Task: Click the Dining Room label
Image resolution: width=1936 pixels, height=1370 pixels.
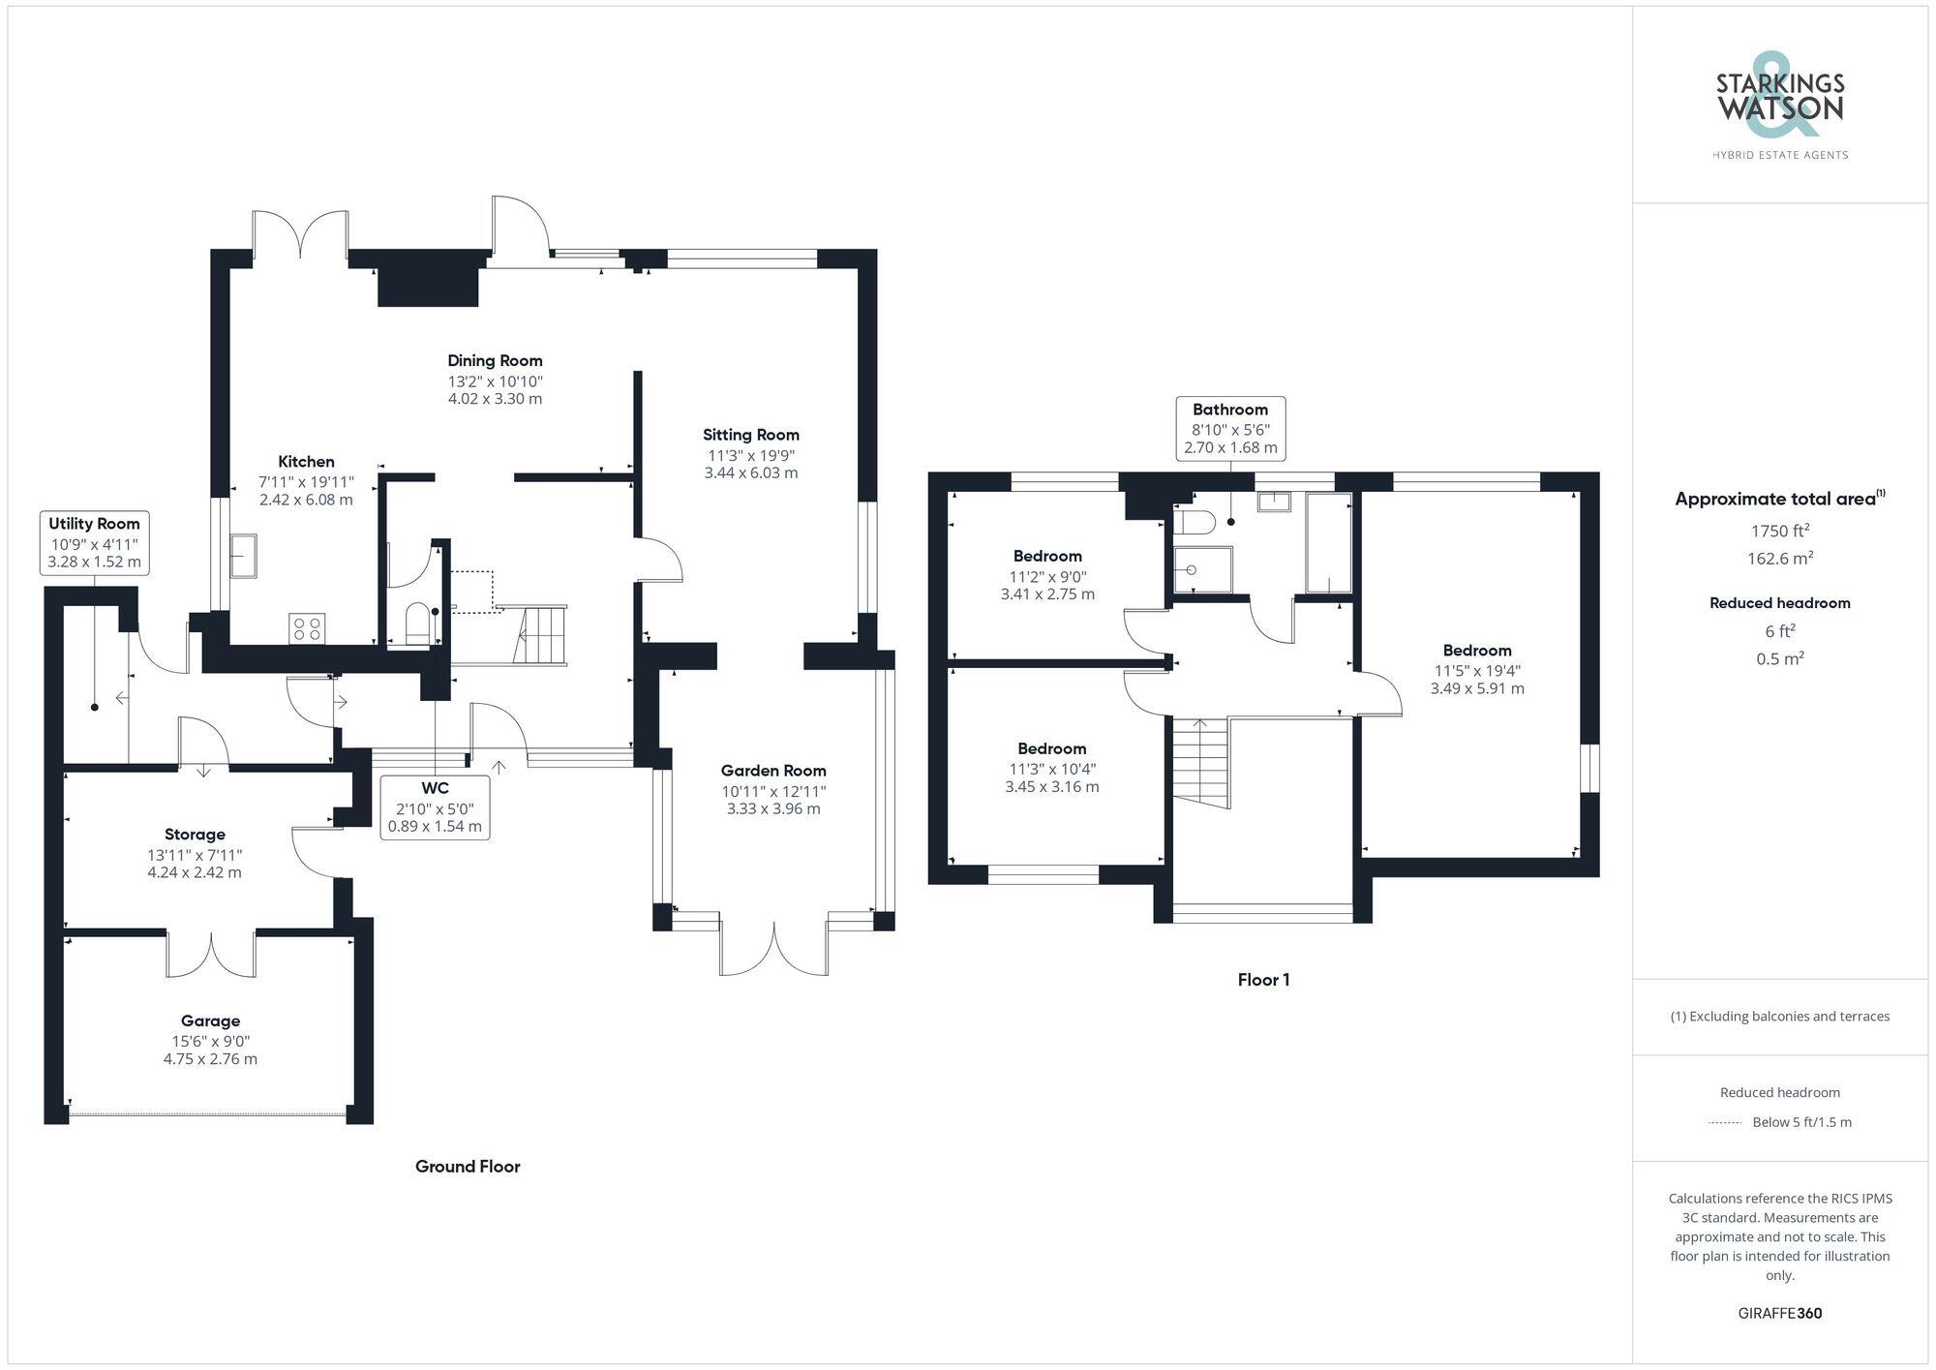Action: click(x=495, y=361)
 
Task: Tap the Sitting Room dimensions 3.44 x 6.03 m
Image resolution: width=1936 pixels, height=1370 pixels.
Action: click(x=751, y=473)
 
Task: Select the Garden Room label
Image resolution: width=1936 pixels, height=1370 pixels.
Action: click(x=773, y=771)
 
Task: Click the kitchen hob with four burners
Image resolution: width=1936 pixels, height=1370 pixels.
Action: click(x=308, y=628)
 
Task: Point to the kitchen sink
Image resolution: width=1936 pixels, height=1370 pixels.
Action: click(x=244, y=556)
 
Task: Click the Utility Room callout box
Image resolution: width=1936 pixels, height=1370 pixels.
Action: click(x=95, y=542)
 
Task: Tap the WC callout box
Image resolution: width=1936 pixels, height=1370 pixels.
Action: click(x=436, y=807)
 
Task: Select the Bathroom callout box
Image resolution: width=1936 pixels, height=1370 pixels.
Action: click(x=1230, y=428)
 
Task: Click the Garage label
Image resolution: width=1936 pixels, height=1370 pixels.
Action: click(x=210, y=1020)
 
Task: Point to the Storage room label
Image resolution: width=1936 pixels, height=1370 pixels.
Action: click(x=195, y=835)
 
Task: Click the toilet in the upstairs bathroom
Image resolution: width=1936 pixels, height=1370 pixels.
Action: click(x=1195, y=523)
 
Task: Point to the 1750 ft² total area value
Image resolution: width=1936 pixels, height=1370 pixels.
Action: click(x=1780, y=531)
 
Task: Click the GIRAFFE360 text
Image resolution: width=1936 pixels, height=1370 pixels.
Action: click(x=1780, y=1313)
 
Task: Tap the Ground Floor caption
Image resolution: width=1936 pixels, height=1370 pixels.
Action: click(x=468, y=1167)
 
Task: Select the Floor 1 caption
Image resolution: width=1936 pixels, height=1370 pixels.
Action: click(x=1263, y=980)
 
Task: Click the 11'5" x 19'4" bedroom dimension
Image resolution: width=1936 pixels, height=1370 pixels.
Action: click(x=1477, y=670)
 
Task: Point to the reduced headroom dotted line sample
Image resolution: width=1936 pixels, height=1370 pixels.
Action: click(x=1725, y=1122)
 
